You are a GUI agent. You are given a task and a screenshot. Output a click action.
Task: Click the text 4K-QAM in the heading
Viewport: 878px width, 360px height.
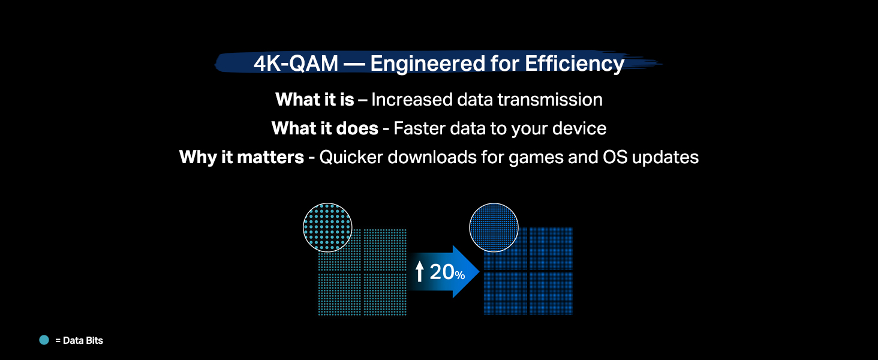coord(296,64)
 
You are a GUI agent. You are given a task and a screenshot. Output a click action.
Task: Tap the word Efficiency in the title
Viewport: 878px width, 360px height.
coord(575,64)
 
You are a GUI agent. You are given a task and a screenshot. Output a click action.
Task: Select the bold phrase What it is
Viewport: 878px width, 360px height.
coord(314,99)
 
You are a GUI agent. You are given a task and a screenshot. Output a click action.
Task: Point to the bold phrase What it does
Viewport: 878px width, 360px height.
coord(324,128)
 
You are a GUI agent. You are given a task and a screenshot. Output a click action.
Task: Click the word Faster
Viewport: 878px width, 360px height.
coord(420,128)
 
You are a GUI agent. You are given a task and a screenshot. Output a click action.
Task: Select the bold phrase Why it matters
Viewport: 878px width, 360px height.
coord(242,157)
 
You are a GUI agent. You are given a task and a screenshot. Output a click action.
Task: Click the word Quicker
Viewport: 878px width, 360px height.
coord(353,157)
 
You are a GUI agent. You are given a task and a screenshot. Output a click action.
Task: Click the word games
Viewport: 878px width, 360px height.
coord(536,157)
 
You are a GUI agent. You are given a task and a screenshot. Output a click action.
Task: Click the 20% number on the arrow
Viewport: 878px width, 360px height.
coord(447,272)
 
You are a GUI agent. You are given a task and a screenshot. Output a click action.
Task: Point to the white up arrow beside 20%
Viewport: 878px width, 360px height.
coord(420,272)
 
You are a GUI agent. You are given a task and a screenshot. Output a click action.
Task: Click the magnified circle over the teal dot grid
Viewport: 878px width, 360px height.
coord(327,226)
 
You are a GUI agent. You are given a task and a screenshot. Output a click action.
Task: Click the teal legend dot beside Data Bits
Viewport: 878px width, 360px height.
coord(44,340)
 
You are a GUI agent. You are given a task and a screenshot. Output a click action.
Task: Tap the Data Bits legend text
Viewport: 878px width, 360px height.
coord(79,340)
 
